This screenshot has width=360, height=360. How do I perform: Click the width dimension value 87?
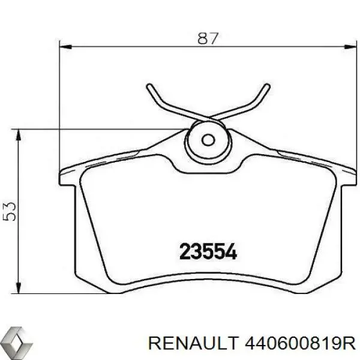click(208, 38)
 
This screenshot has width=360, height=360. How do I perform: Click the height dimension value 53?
click(10, 211)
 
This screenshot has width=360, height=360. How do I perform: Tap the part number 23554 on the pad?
click(208, 251)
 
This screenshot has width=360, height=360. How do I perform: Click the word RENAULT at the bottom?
click(193, 343)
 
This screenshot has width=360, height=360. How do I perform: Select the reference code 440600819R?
click(301, 343)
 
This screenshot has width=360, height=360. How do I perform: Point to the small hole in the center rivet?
click(208, 140)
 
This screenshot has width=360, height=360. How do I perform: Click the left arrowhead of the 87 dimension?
click(65, 47)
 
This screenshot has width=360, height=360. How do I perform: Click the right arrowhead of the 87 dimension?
click(350, 47)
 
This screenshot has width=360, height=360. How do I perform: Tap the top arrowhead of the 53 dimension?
click(19, 135)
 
